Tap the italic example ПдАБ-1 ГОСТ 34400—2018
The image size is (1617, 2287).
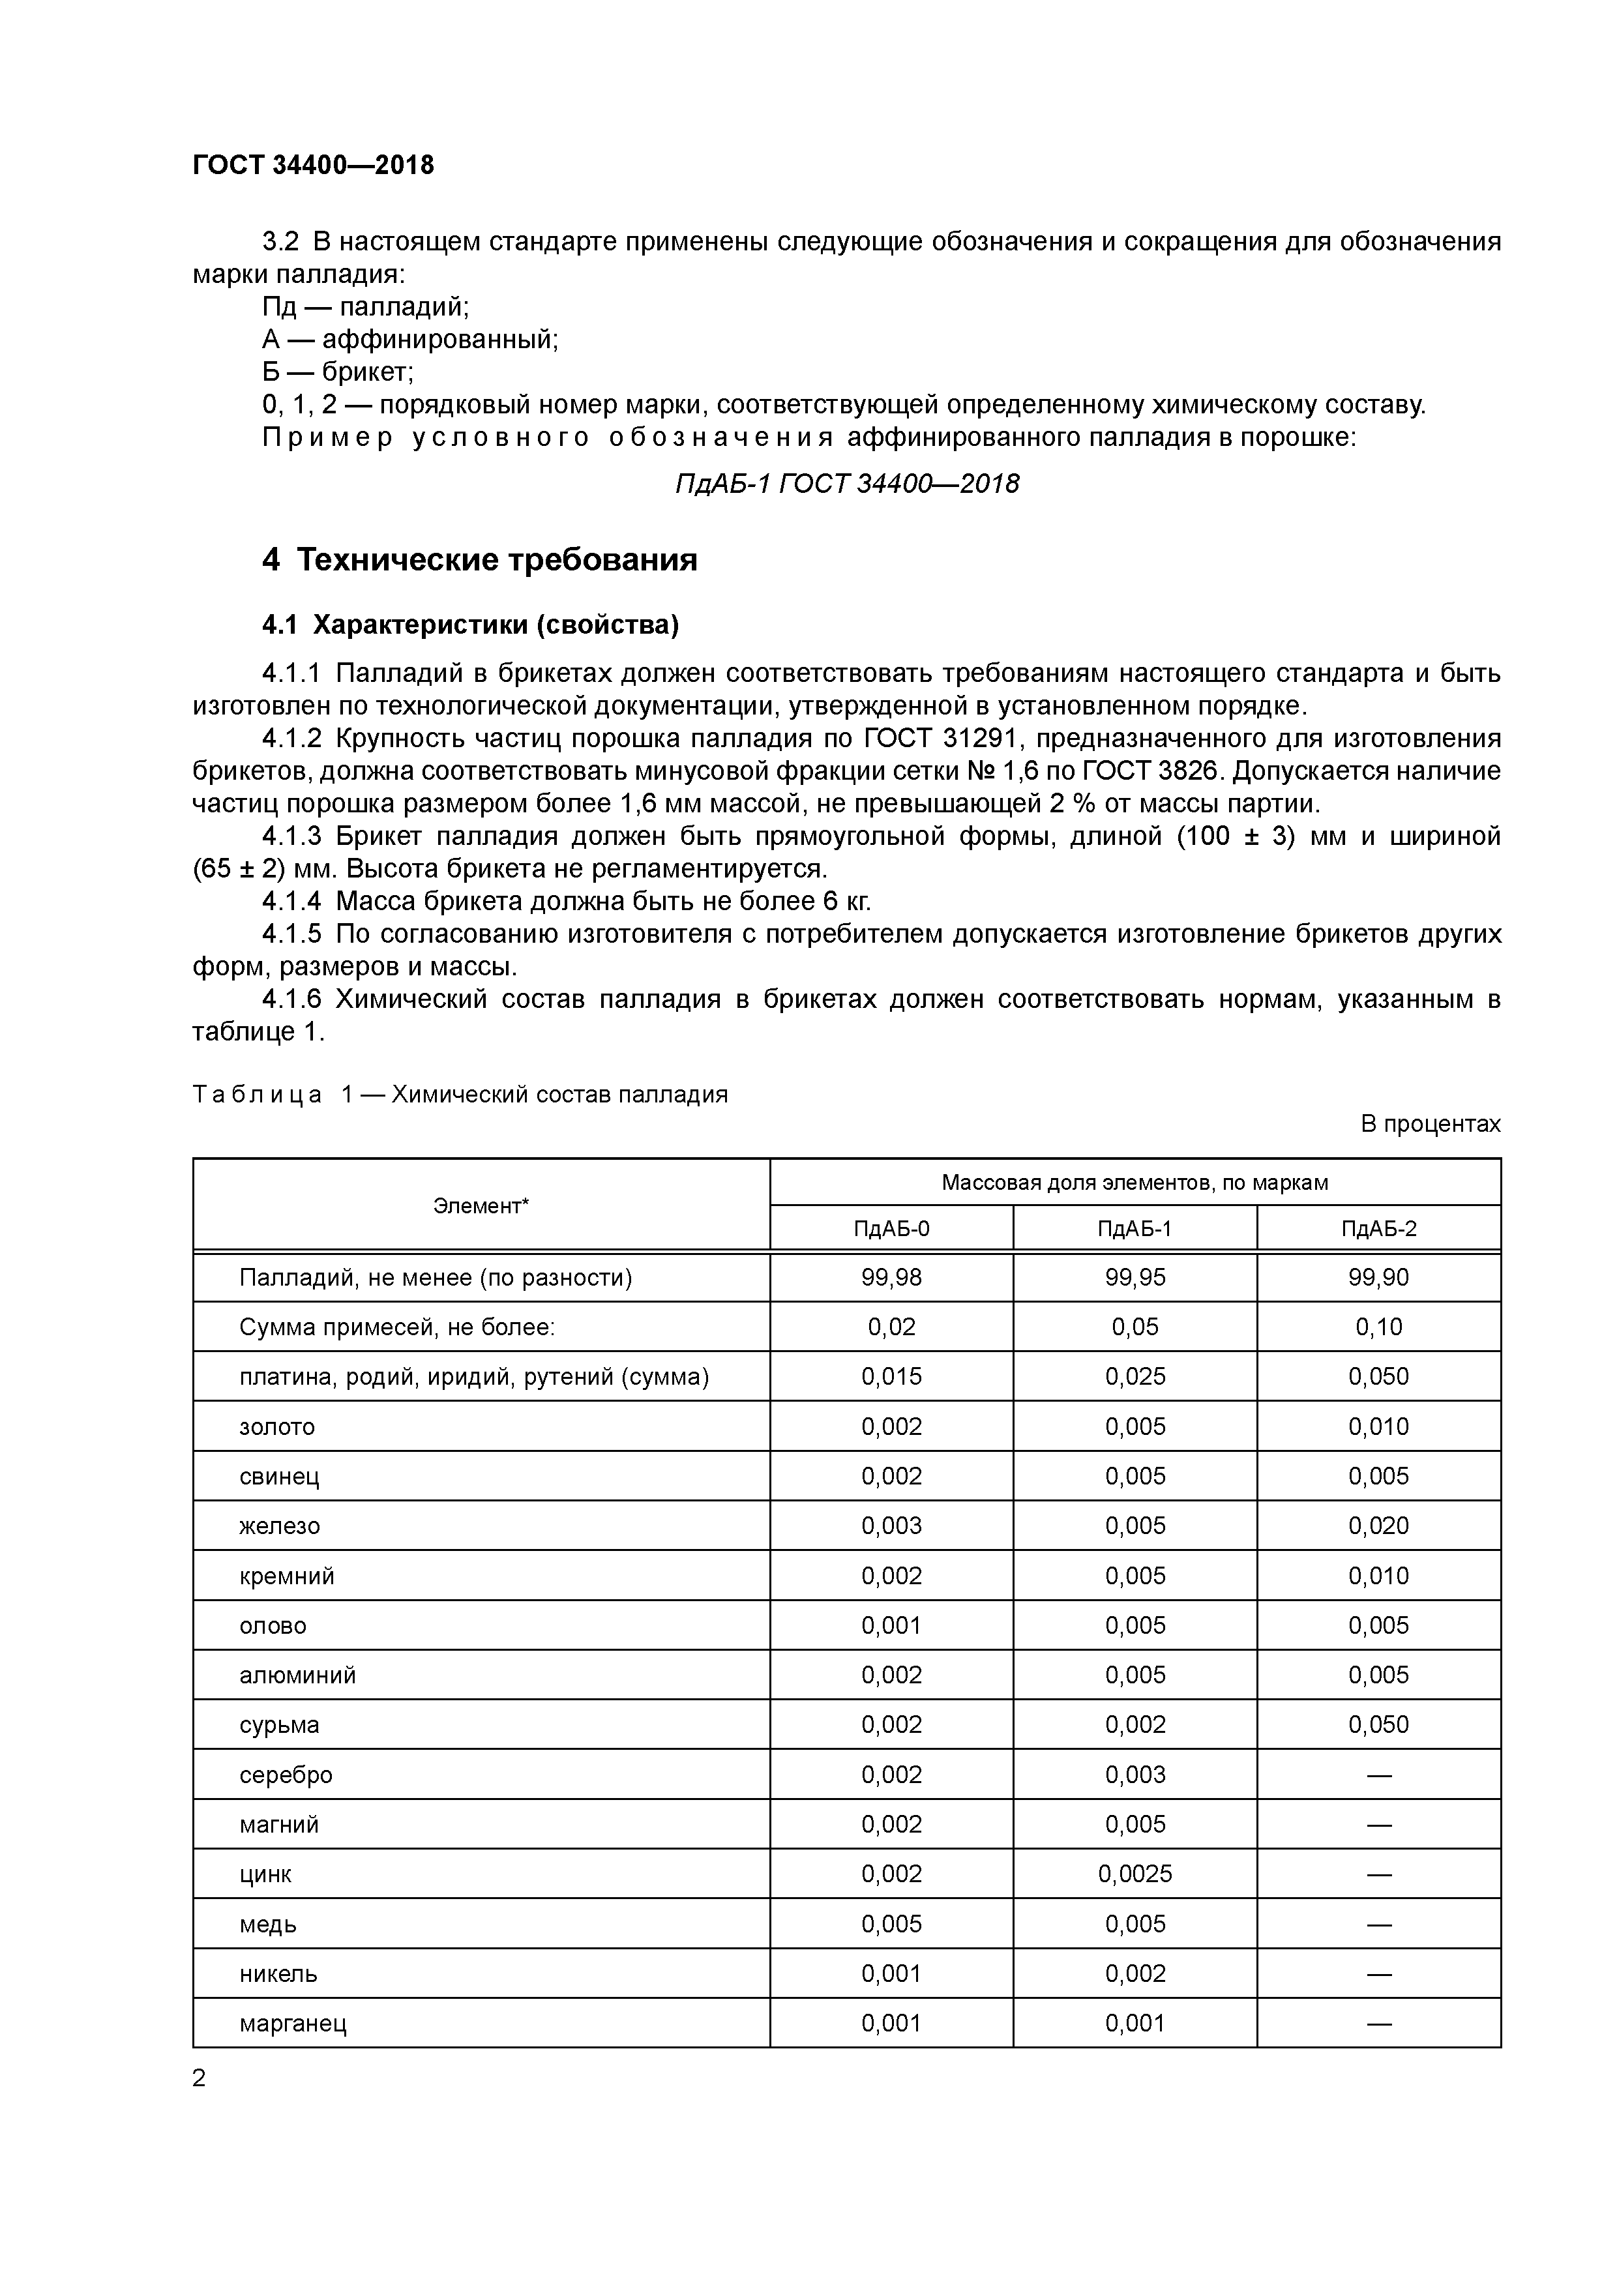point(847,484)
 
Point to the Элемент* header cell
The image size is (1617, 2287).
point(481,1205)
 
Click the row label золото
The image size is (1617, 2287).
point(277,1426)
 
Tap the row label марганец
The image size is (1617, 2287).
point(293,2023)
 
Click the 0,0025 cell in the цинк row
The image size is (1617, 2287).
point(1135,1874)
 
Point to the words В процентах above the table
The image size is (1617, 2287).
point(1430,1123)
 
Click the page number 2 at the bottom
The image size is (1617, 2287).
point(200,2078)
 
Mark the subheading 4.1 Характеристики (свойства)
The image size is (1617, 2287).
point(470,625)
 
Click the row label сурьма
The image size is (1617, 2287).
point(279,1725)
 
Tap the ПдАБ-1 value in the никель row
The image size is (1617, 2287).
point(1135,1973)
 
